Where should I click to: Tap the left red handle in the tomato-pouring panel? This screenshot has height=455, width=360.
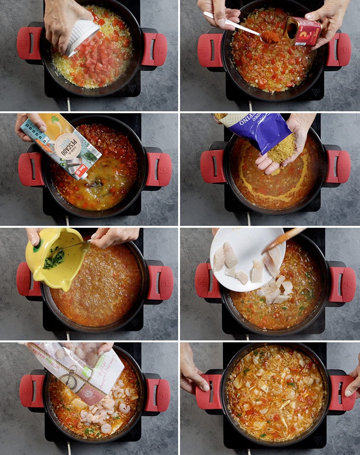click(29, 43)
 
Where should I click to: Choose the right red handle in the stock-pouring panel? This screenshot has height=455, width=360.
click(159, 169)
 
